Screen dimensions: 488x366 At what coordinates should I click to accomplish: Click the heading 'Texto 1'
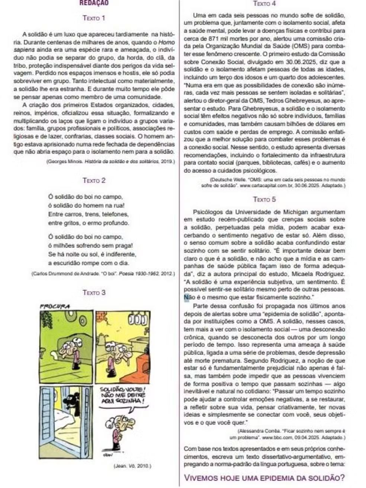pyautogui.click(x=94, y=18)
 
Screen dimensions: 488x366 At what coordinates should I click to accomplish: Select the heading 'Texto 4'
pyautogui.click(x=264, y=4)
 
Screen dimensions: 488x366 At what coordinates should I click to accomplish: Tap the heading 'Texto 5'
pyautogui.click(x=264, y=200)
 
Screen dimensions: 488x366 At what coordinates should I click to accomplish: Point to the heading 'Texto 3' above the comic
pyautogui.click(x=94, y=293)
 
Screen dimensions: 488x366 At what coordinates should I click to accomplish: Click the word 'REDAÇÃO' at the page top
pyautogui.click(x=94, y=3)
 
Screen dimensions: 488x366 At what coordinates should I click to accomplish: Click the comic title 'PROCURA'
pyautogui.click(x=55, y=306)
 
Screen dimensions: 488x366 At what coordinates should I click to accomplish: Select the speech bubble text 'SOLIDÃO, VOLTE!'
pyautogui.click(x=122, y=389)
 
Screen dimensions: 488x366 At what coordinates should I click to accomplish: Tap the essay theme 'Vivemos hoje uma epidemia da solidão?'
pyautogui.click(x=264, y=478)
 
